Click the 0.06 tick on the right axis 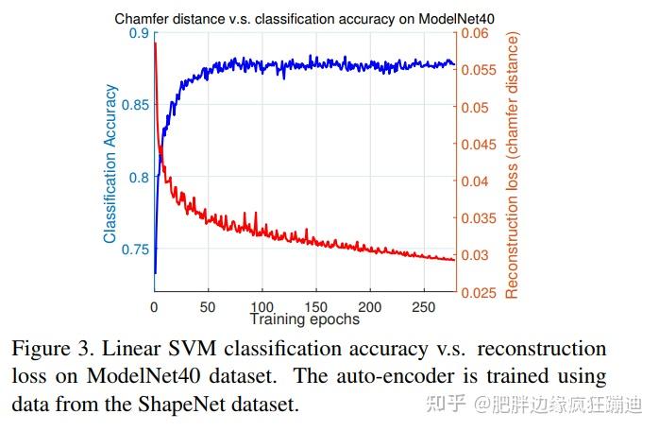[x=474, y=34]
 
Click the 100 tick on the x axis [x=262, y=307]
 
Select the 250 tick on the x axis [x=425, y=307]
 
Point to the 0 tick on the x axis [x=154, y=307]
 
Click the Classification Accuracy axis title [x=111, y=164]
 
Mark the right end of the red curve [x=454, y=260]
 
